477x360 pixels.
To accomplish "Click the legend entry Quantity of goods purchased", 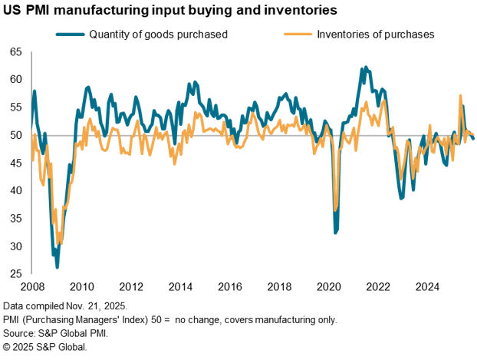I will [x=158, y=35].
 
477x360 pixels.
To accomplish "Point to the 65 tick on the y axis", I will [x=15, y=52].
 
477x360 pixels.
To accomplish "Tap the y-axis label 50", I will [x=15, y=136].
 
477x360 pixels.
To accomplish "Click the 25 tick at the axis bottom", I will [x=15, y=274].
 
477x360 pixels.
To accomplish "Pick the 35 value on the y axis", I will [x=15, y=219].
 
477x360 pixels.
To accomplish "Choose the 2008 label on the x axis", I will [x=31, y=287].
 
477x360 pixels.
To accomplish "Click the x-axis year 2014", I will [x=180, y=287].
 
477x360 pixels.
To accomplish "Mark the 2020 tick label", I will [x=329, y=287].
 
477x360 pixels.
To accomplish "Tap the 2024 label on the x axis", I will [x=428, y=287].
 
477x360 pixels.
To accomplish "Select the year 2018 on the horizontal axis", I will [x=279, y=287].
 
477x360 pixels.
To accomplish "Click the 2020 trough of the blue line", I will [x=336, y=232].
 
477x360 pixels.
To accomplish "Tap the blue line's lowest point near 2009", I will [x=58, y=266].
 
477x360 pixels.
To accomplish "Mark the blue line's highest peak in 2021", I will [x=366, y=68].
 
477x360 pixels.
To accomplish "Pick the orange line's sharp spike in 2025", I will [x=459, y=96].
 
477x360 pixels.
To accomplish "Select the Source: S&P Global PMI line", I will [x=54, y=333].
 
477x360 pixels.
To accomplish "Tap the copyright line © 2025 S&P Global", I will [x=45, y=347].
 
